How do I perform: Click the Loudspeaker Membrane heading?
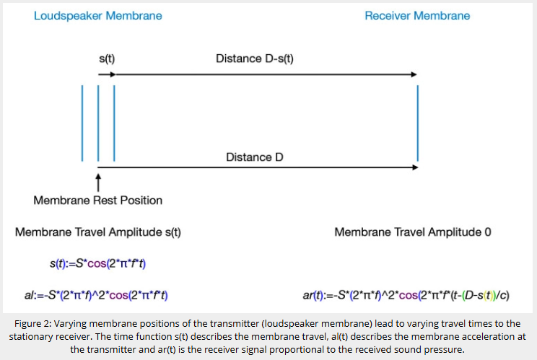[98, 16]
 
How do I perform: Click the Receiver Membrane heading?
[417, 16]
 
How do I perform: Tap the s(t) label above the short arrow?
[107, 59]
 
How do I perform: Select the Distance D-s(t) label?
[255, 59]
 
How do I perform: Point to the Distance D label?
[255, 157]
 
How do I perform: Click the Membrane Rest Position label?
[98, 200]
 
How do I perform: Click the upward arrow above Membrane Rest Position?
[98, 183]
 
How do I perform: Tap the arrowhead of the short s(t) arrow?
[113, 74]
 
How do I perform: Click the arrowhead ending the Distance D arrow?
[415, 167]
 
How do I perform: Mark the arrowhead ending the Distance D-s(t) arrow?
[414, 74]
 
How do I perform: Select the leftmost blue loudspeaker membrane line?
[82, 123]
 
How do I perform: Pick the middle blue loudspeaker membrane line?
[98, 123]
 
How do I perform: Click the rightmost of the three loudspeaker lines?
[114, 123]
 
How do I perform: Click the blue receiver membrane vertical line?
[417, 123]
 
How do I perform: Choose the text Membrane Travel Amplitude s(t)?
[98, 232]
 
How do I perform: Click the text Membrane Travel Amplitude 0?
[413, 232]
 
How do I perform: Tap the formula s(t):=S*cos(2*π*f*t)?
[98, 263]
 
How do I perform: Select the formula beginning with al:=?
[96, 295]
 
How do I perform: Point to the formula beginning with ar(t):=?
[406, 295]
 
